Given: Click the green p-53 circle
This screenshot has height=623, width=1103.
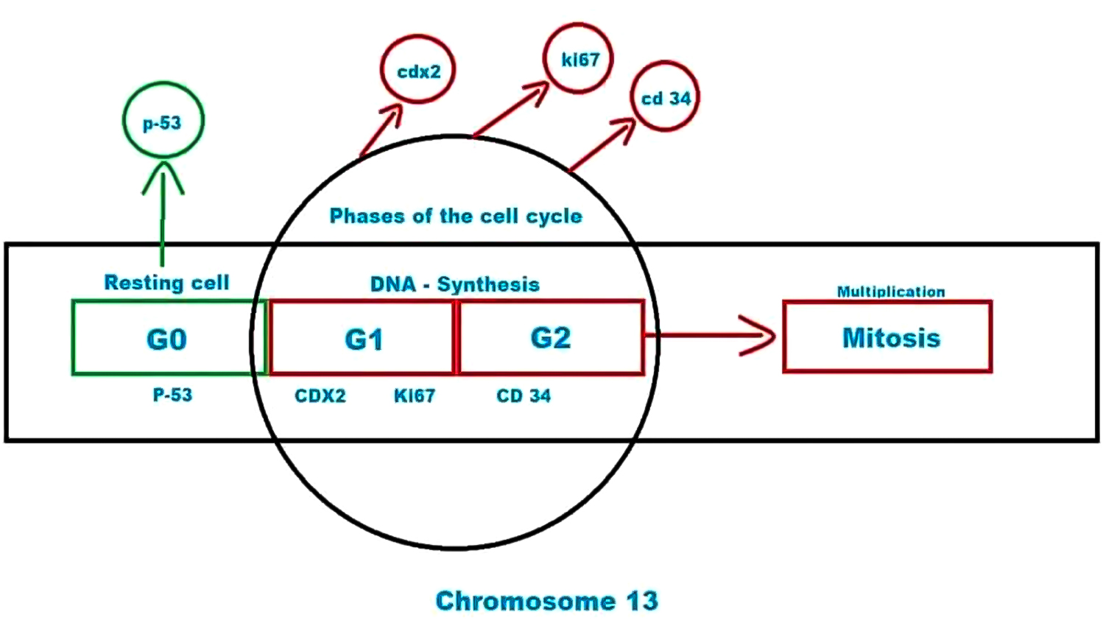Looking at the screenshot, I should pos(162,122).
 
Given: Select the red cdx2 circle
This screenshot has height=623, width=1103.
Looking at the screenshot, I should pos(418,71).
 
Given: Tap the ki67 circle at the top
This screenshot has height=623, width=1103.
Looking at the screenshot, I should pos(579,59).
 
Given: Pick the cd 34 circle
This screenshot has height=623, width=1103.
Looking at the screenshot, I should pos(665,98).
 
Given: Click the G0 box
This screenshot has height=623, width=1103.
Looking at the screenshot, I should pos(168,338).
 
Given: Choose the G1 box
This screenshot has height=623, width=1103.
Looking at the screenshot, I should pos(362,338).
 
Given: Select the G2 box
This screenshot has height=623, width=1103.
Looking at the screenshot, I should pos(551,337).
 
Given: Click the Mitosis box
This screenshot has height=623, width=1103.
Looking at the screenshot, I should pos(888,337).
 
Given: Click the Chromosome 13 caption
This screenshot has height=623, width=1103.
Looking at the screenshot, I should pos(546,600).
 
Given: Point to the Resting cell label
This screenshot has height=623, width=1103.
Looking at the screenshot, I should pos(166,282).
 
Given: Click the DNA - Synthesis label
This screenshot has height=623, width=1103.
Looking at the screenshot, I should pos(454,284).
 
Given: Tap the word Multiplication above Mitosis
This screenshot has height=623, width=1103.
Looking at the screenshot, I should pos(890,292).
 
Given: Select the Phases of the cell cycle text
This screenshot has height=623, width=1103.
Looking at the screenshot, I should pos(456,216).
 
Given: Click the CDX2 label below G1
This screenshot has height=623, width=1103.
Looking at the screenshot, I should pos(320,396).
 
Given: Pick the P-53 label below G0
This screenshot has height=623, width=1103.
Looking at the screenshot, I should pos(172,395).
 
